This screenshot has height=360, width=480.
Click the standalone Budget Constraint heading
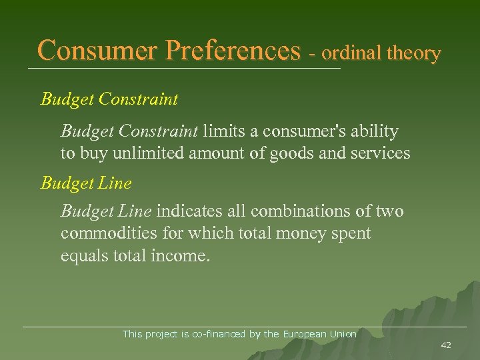pyautogui.click(x=109, y=100)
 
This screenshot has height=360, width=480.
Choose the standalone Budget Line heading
pyautogui.click(x=86, y=183)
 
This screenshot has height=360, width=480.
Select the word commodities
pyautogui.click(x=102, y=234)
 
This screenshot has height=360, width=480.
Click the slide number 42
pyautogui.click(x=446, y=345)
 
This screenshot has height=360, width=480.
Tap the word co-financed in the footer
pyautogui.click(x=218, y=334)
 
